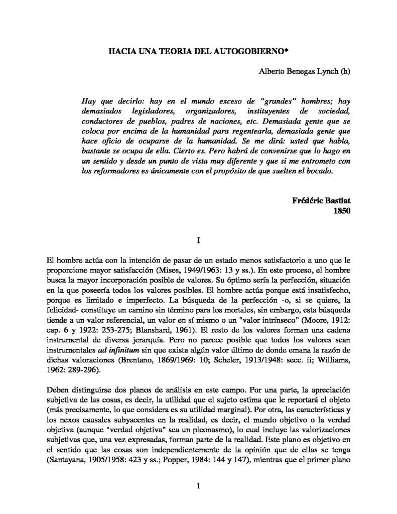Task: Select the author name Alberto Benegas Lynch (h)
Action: point(305,72)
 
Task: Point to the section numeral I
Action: point(199,240)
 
